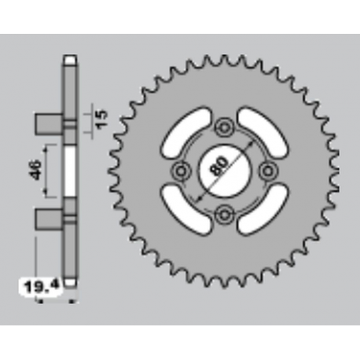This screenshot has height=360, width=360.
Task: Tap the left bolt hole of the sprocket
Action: [183, 169]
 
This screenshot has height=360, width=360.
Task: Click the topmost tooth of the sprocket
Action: [226, 58]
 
